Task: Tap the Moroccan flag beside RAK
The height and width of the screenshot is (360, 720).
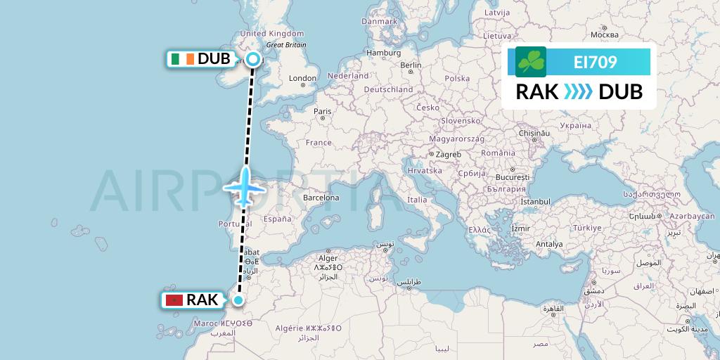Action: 172,300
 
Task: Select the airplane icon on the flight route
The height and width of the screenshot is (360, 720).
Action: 243,187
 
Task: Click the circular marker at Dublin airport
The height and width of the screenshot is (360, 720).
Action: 252,59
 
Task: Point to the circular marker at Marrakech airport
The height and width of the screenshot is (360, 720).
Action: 238,301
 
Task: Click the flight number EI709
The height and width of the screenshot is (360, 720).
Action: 595,62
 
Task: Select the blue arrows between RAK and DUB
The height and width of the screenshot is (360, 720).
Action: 579,92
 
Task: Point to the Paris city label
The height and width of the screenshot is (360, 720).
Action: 323,111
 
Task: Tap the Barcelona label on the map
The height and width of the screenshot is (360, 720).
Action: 321,198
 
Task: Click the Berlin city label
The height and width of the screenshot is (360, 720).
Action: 411,65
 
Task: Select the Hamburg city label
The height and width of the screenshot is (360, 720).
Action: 383,53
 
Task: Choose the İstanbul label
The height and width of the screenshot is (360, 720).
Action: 534,202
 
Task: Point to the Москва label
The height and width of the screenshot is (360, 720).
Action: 604,34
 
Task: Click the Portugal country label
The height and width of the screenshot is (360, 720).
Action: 230,224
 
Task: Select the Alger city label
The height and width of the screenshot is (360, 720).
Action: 329,258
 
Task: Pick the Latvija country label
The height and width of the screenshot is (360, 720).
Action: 498,13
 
